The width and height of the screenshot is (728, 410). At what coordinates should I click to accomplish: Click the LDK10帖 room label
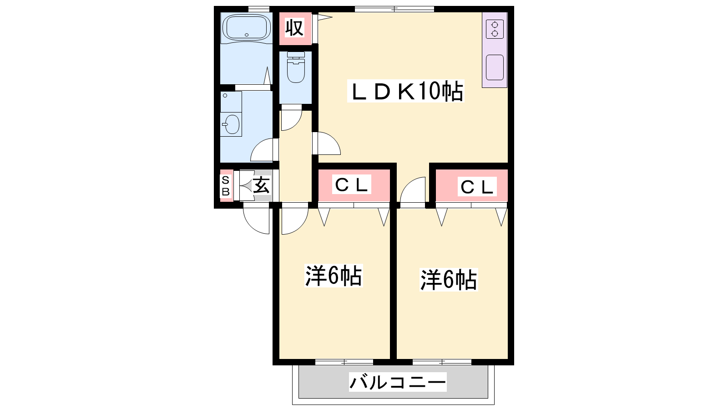(406, 92)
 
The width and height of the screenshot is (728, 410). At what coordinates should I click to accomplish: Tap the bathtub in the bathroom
(246, 28)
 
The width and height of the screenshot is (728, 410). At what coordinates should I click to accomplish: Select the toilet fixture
(296, 67)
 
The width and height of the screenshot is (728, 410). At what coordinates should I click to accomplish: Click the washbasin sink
(231, 124)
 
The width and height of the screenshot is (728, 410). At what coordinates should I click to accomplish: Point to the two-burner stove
(495, 29)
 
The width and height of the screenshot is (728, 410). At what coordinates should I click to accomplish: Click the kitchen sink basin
(495, 67)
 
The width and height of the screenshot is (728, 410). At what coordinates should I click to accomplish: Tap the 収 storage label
(294, 28)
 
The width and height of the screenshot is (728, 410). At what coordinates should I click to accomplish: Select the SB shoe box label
(226, 186)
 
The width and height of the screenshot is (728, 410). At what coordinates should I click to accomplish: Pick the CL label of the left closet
(351, 185)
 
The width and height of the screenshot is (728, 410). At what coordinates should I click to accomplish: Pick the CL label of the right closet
(477, 187)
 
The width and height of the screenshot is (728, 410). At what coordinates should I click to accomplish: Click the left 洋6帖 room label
(334, 276)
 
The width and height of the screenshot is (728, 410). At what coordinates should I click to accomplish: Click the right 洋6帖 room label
(449, 279)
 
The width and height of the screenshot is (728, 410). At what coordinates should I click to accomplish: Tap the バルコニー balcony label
(398, 382)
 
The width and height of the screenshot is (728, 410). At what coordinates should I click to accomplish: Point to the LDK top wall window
(394, 9)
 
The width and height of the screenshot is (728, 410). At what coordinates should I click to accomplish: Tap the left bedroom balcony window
(344, 362)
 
